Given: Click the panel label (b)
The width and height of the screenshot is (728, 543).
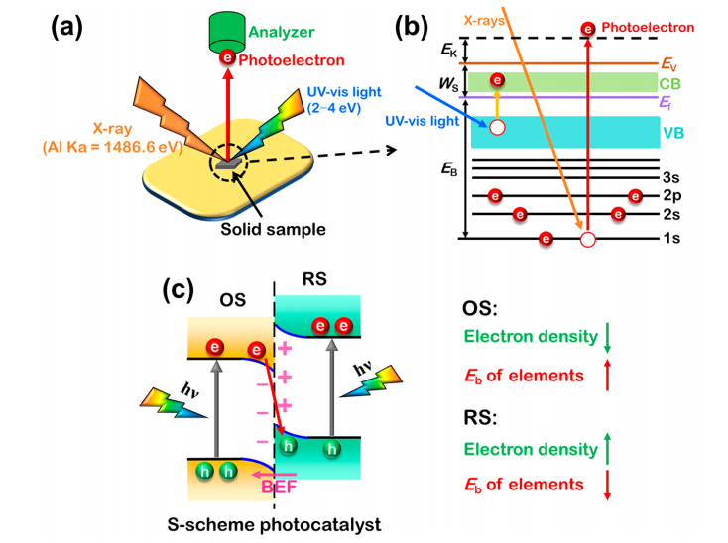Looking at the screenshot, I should pos(419,28).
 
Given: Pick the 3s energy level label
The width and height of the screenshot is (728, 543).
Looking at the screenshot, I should pos(669,177).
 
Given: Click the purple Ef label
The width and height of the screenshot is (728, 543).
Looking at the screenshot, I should pos(668,100).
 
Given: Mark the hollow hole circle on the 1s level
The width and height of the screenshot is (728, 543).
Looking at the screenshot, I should pos(588,239).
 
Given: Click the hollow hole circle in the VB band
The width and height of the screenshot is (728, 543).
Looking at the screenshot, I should pos(496,127).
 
